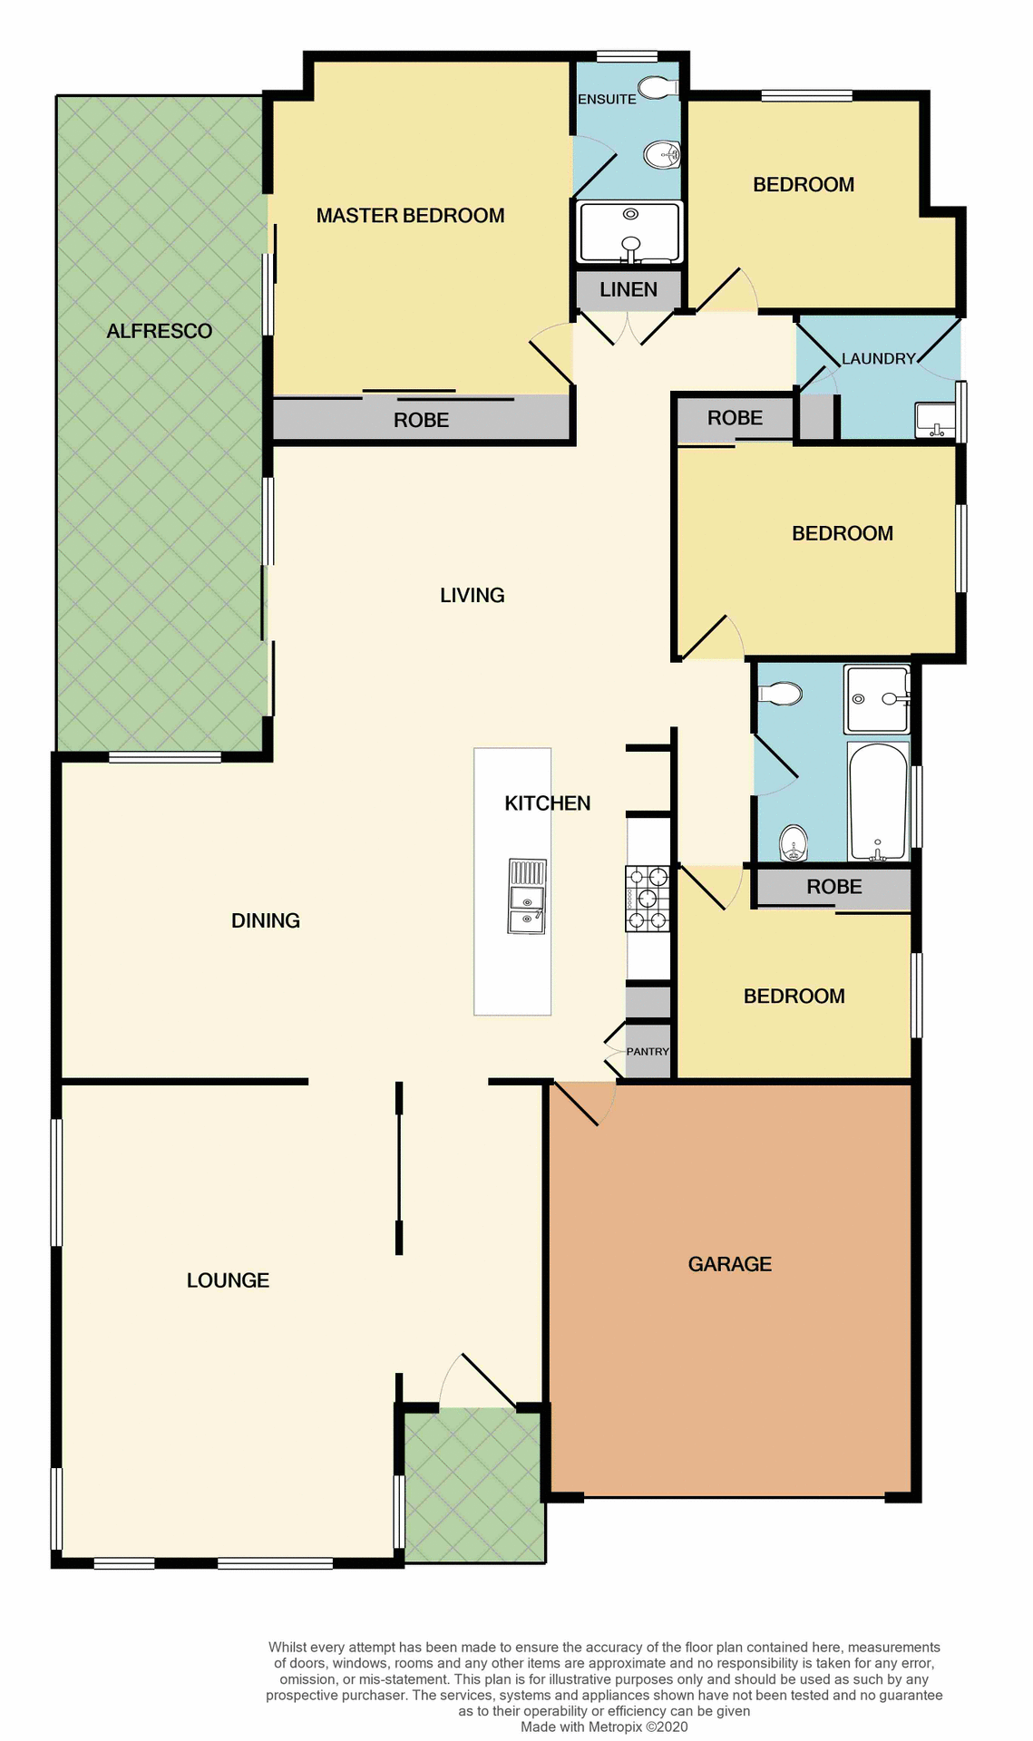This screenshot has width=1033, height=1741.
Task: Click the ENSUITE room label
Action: pos(607,99)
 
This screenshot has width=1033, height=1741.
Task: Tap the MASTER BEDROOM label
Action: pos(410,216)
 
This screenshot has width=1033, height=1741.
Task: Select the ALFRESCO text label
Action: pos(159,331)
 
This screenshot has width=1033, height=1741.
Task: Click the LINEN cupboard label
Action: pos(629,289)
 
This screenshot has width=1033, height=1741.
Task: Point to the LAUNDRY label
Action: pos(878,358)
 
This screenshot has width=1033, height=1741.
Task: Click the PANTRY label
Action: pos(648,1051)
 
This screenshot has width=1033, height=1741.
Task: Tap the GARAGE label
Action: pos(729,1263)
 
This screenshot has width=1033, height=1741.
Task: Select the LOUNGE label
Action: pos(228,1279)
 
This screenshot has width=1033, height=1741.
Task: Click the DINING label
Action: pos(265,920)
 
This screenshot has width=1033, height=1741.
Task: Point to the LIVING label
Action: pos(472,595)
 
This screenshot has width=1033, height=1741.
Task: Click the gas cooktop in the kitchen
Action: pos(648,899)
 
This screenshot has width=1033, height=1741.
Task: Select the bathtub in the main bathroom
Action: pos(878,802)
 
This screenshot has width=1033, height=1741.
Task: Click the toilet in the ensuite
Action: pos(658,88)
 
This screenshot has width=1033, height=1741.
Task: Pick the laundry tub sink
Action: pos(935,420)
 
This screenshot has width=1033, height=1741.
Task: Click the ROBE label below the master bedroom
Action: pos(421,420)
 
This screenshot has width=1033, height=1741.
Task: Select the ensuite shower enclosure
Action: pos(629,231)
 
